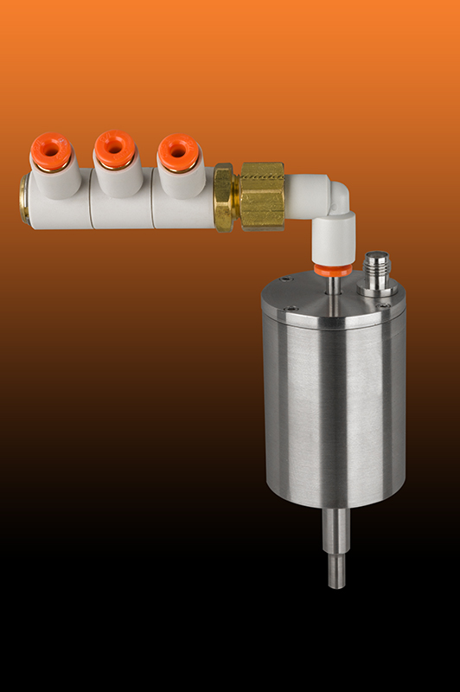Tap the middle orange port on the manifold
(113, 148)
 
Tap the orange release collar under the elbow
(333, 270)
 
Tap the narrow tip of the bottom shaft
(335, 573)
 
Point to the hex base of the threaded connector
(377, 289)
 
